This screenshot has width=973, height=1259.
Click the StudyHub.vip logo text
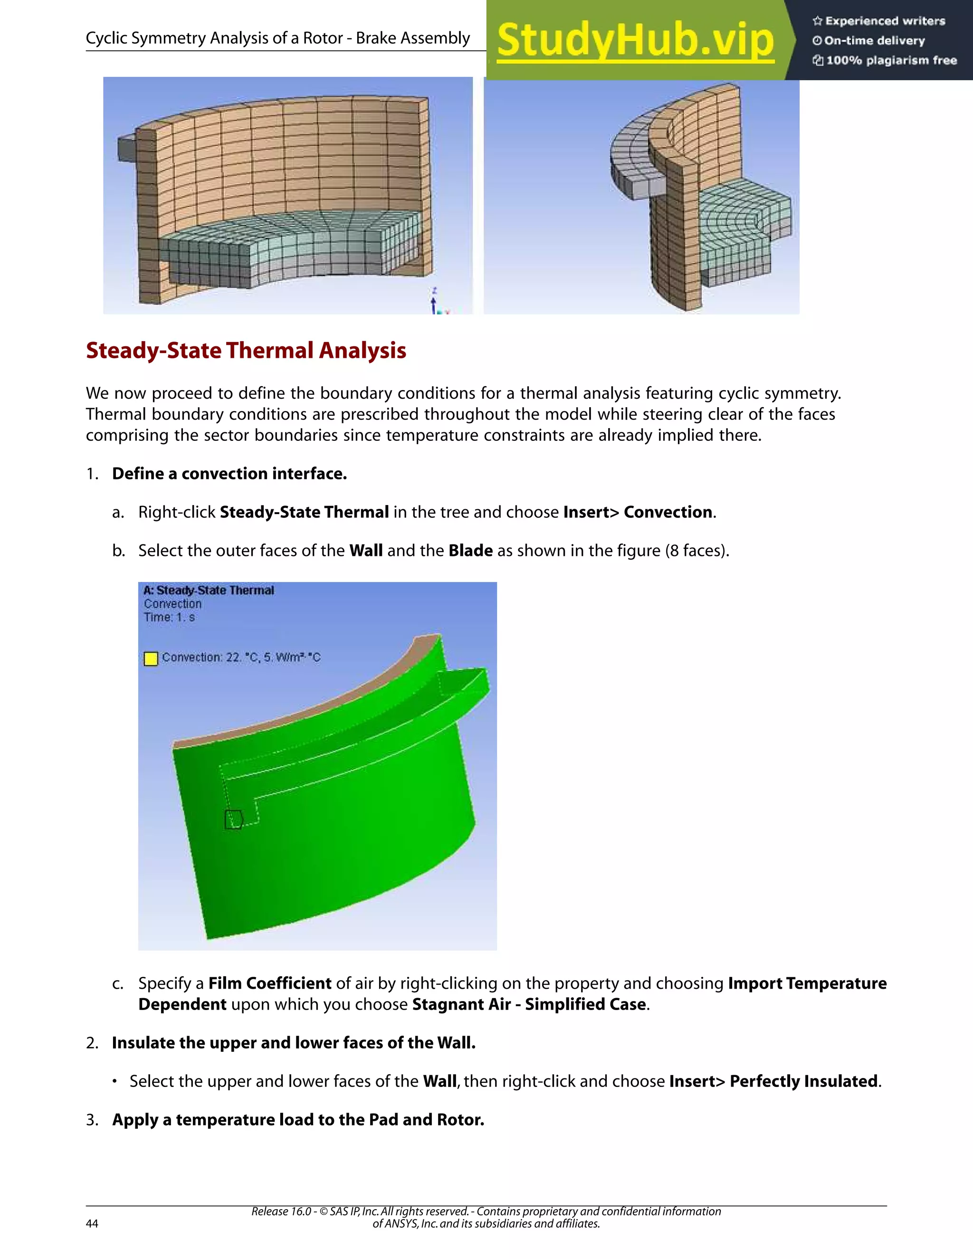pyautogui.click(x=635, y=40)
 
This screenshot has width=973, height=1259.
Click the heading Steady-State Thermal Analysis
pyautogui.click(x=246, y=351)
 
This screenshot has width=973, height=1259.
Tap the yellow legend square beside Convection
pyautogui.click(x=151, y=658)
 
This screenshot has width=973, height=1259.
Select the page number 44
pyautogui.click(x=92, y=1223)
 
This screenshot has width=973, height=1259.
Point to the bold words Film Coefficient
pyautogui.click(x=270, y=983)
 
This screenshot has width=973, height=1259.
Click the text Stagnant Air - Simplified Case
pyautogui.click(x=529, y=1004)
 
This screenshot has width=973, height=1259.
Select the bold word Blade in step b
pyautogui.click(x=470, y=551)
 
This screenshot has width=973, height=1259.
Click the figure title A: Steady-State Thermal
pyautogui.click(x=209, y=590)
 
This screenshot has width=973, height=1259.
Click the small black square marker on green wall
pyautogui.click(x=233, y=819)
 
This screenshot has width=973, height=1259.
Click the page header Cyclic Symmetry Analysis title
pyautogui.click(x=278, y=38)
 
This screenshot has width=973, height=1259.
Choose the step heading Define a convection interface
pyautogui.click(x=229, y=473)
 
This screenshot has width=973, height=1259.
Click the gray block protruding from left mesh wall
pyautogui.click(x=127, y=148)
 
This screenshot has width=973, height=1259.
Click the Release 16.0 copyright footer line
pyautogui.click(x=486, y=1211)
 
